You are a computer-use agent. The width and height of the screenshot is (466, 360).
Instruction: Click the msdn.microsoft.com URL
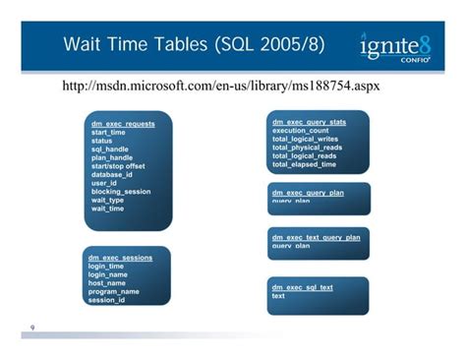pos(221,87)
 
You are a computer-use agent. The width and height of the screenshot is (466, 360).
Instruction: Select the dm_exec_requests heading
pos(123,125)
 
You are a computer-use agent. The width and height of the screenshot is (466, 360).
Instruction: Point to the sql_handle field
pos(110,150)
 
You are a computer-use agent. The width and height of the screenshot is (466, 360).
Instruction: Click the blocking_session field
pos(121,192)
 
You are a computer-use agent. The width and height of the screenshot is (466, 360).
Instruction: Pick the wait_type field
pos(108,200)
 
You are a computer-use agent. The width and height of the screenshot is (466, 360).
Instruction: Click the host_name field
pos(109,283)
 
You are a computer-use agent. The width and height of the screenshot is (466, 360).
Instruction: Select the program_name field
pos(114,291)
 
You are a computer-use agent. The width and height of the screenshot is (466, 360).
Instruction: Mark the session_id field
pos(107,300)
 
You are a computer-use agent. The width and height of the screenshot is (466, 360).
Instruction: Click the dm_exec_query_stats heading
pos(309,122)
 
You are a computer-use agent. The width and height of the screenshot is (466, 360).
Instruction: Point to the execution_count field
pos(301,131)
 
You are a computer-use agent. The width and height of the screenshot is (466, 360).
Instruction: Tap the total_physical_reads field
pos(309,148)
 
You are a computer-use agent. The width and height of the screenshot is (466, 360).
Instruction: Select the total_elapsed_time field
pos(304,164)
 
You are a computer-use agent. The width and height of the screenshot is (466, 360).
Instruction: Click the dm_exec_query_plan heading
pos(308,193)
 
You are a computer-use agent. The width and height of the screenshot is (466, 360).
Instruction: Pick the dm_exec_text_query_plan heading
pos(316,238)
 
